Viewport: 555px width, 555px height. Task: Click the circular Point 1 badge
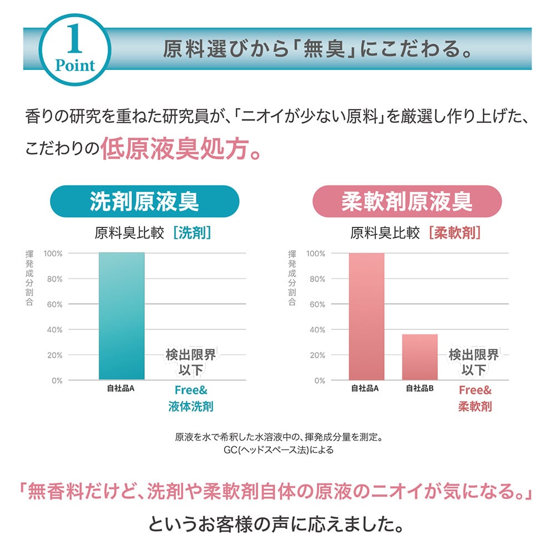coord(75,49)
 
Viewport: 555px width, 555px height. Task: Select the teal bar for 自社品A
coord(122,316)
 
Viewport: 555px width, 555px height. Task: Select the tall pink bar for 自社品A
coord(366,316)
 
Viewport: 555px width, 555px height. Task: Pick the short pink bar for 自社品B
coord(420,357)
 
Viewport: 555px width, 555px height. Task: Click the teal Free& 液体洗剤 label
coord(190,398)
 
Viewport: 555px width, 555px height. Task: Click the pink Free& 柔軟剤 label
coord(475,398)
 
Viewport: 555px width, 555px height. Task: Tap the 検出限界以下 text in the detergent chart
coord(190,362)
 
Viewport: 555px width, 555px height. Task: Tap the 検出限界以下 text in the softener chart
coord(474,362)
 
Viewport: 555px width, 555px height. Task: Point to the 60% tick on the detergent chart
coord(53,305)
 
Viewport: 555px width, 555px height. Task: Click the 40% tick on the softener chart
coord(315,330)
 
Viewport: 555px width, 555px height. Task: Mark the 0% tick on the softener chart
coord(319,381)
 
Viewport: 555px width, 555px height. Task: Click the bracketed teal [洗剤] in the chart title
coord(192,233)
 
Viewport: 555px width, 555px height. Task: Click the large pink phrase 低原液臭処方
coord(180,150)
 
